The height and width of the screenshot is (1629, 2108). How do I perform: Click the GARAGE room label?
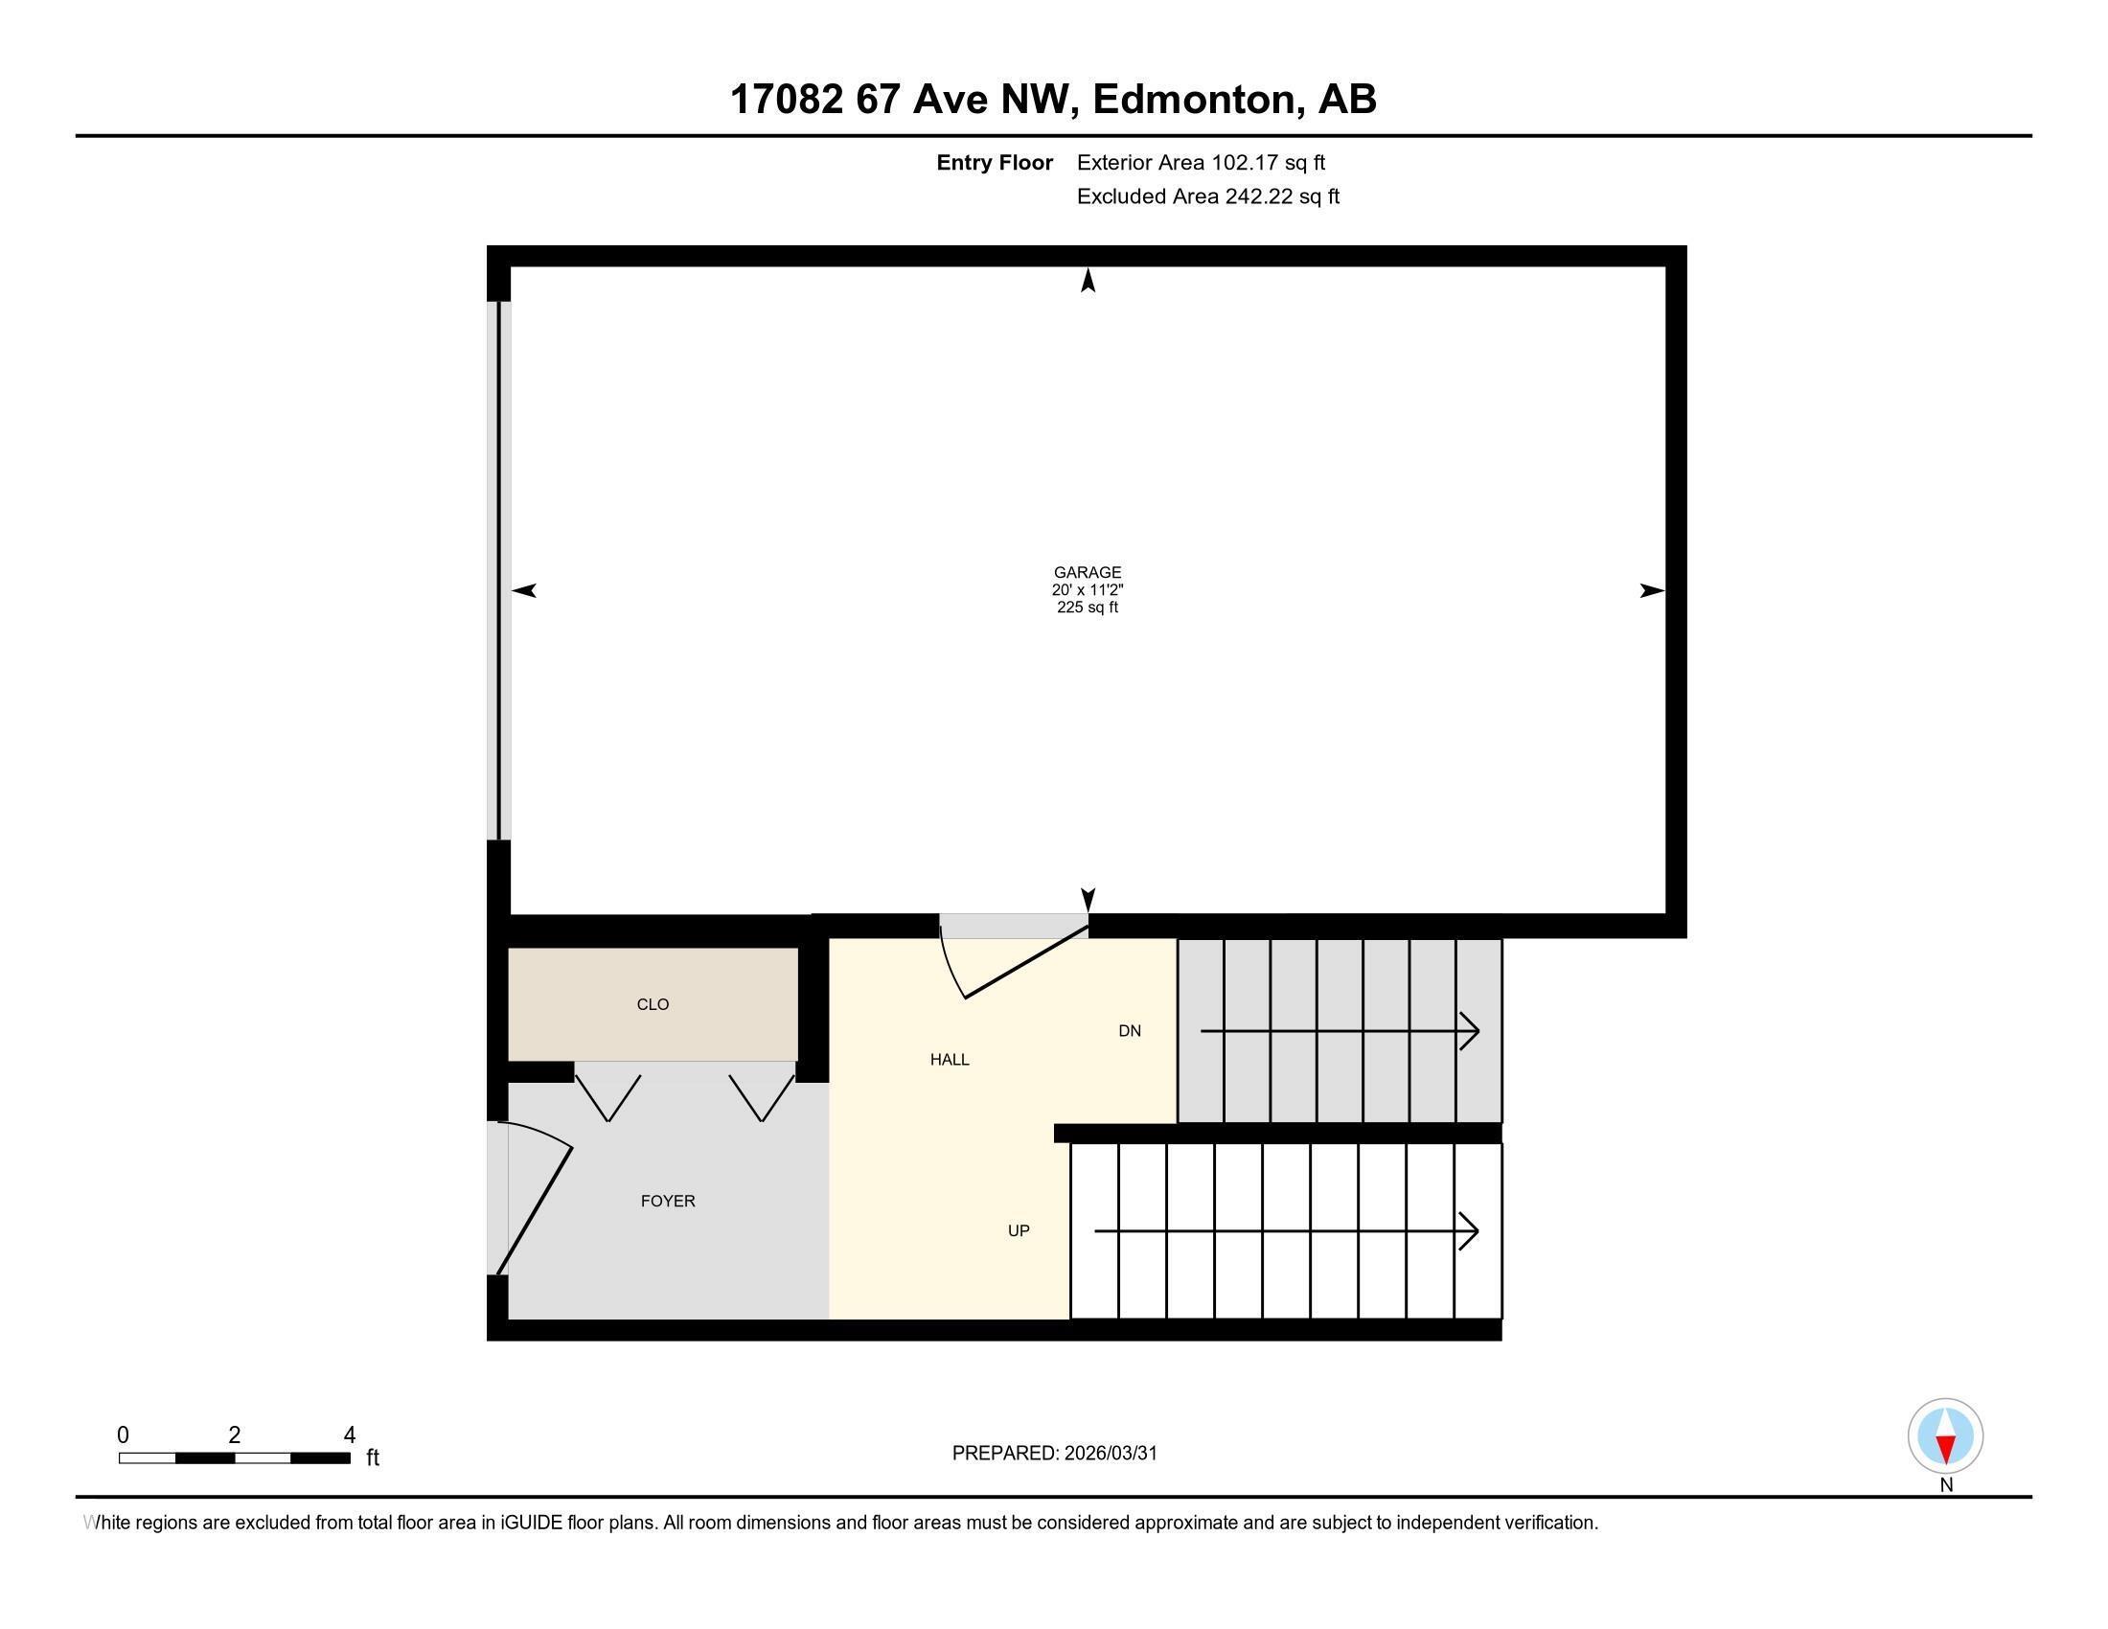[1087, 572]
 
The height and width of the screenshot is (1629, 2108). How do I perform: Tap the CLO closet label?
[653, 1004]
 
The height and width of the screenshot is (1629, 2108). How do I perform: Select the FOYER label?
[668, 1202]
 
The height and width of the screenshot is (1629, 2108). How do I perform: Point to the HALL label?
[949, 1060]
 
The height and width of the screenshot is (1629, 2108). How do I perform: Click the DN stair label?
[1130, 1031]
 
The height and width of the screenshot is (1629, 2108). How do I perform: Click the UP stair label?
[1019, 1231]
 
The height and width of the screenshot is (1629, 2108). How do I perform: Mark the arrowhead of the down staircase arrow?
[1472, 1032]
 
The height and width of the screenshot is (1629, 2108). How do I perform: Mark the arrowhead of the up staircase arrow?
[1472, 1231]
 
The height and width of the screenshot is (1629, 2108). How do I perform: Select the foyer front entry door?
[534, 1206]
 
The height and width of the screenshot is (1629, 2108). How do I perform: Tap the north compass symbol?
[1945, 1436]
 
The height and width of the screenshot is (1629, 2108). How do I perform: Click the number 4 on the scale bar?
[350, 1435]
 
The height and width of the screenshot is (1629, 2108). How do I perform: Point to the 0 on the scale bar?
[124, 1435]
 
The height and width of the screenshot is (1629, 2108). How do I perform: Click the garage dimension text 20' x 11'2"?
[1087, 589]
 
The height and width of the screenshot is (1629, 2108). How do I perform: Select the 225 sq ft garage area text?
[1087, 607]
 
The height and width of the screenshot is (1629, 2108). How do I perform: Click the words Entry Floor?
[995, 162]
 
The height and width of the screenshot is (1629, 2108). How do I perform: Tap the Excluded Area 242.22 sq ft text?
[1207, 196]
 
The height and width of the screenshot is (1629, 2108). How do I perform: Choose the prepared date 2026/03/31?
[1110, 1454]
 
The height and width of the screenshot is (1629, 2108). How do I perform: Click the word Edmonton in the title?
[1193, 100]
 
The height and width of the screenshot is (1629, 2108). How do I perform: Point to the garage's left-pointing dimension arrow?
[524, 590]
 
